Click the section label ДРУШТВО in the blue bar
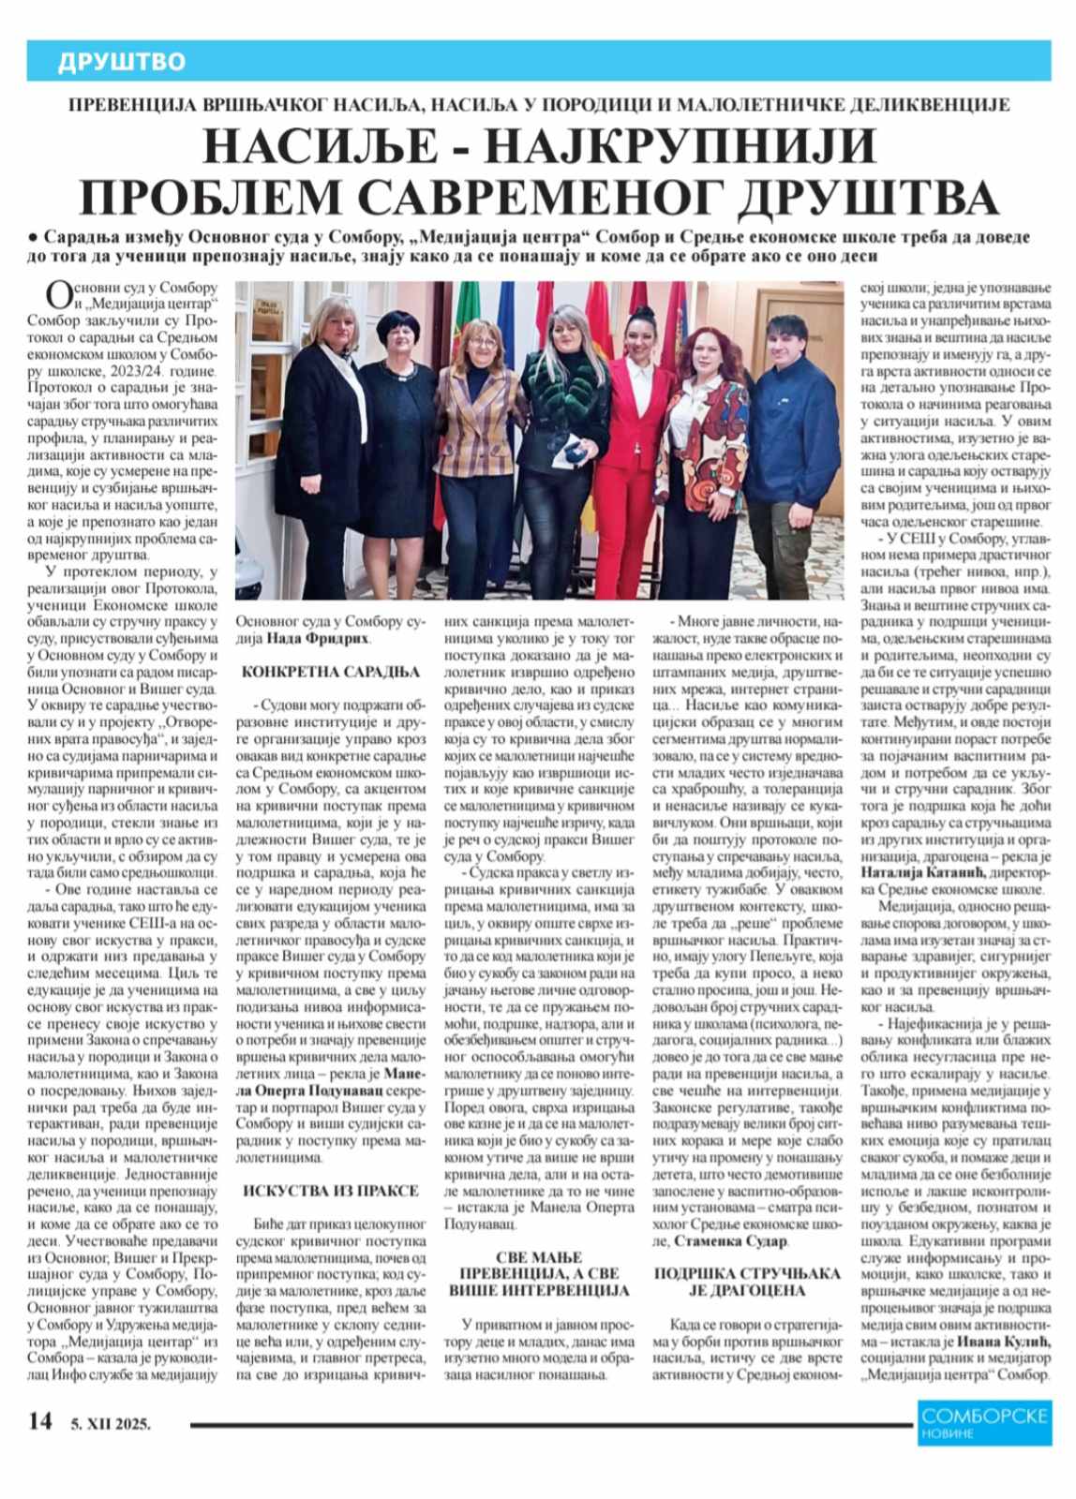click(122, 62)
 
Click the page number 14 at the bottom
click(39, 1422)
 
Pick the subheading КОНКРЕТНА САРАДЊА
click(318, 672)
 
